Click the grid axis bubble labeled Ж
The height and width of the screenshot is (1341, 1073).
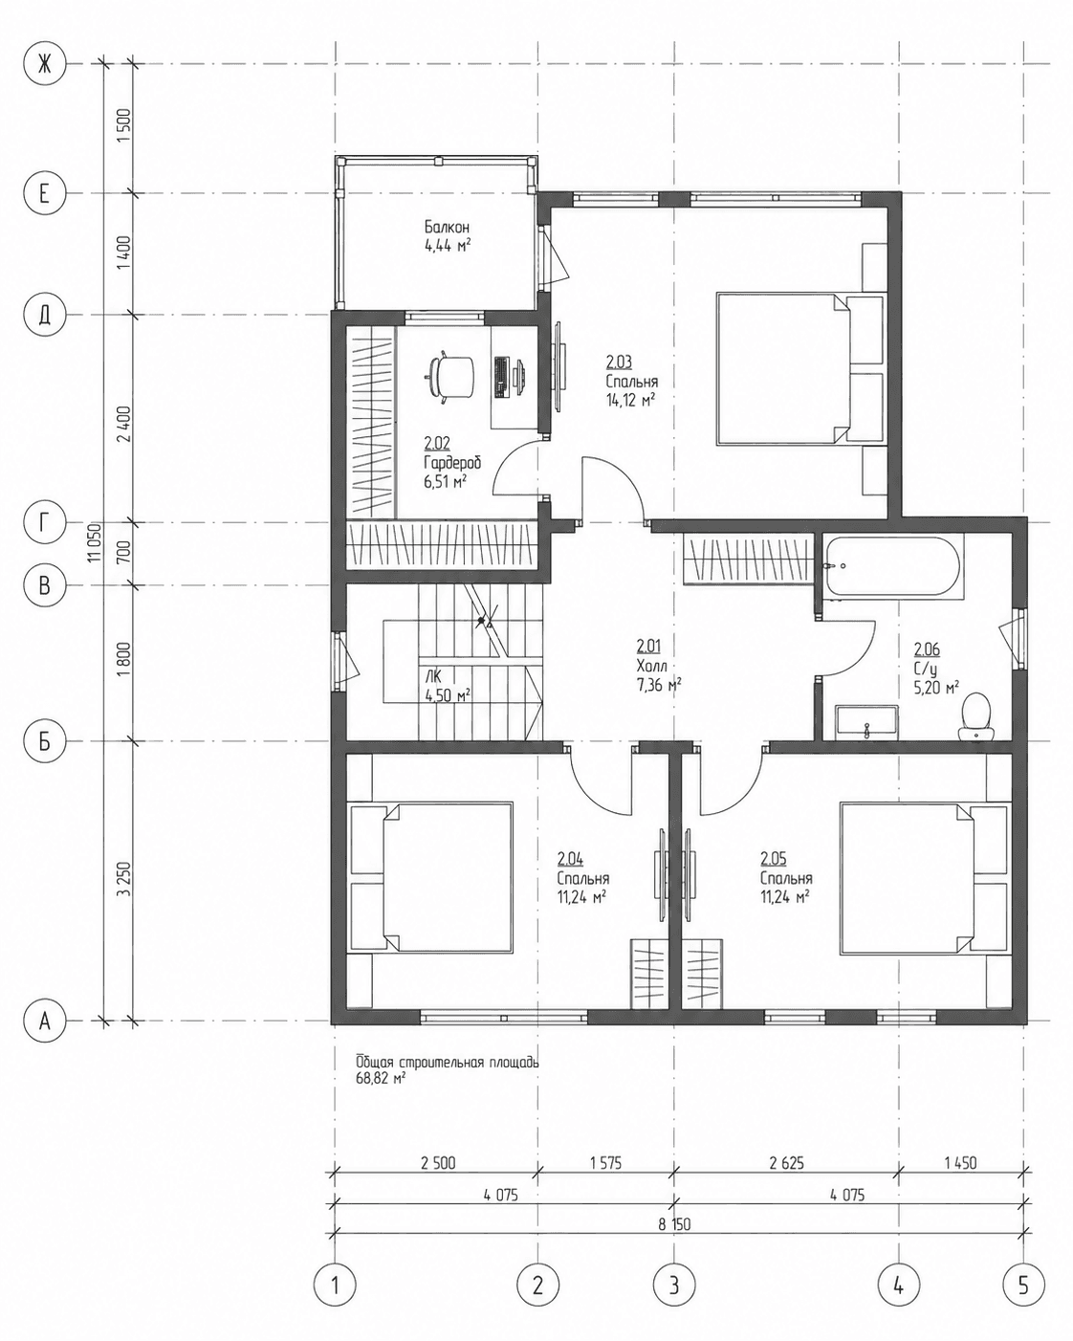click(x=44, y=63)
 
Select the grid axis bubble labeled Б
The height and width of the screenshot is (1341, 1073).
click(x=44, y=741)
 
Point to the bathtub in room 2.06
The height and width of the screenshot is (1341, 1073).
click(x=893, y=566)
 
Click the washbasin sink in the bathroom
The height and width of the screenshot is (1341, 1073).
click(x=866, y=722)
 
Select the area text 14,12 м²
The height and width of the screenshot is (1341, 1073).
click(x=630, y=400)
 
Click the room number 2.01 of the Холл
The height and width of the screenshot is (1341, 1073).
click(x=648, y=645)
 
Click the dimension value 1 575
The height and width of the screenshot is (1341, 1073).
click(x=605, y=1162)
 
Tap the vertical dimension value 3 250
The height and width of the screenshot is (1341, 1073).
click(x=125, y=879)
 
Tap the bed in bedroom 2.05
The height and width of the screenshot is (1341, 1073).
click(x=906, y=878)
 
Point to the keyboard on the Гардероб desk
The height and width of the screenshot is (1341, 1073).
click(x=501, y=377)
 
